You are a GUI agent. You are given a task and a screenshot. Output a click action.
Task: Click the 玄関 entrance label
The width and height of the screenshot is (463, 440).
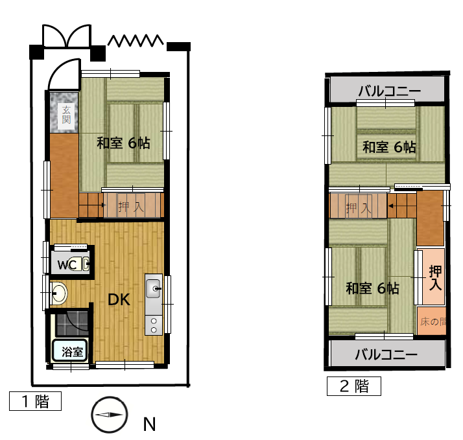click(x=66, y=114)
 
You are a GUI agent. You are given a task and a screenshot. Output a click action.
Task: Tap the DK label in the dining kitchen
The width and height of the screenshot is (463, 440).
click(x=119, y=299)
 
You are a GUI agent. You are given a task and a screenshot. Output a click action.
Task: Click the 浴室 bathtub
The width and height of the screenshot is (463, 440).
click(x=69, y=351)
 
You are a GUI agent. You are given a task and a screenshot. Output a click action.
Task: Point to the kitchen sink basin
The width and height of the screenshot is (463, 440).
click(x=153, y=288)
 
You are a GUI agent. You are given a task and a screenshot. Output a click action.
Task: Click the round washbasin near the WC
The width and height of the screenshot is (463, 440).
click(x=59, y=294)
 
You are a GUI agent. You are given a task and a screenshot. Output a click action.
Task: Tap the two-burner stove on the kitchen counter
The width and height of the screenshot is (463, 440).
click(x=154, y=325)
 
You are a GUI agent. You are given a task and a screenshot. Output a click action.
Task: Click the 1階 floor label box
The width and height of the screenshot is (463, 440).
click(x=36, y=401)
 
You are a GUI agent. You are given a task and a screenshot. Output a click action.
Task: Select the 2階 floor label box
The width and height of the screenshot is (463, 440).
click(x=354, y=386)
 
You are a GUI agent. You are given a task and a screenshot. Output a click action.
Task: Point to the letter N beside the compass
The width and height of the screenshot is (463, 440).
click(x=149, y=424)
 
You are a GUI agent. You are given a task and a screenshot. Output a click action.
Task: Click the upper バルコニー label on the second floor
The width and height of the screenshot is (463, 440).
click(x=390, y=91)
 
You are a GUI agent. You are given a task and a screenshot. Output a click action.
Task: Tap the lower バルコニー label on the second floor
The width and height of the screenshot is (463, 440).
click(x=386, y=354)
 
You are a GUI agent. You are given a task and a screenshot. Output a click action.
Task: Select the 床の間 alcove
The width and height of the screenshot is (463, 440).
click(x=431, y=321)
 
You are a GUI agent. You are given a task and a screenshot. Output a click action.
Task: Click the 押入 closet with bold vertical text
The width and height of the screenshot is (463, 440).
click(x=433, y=277)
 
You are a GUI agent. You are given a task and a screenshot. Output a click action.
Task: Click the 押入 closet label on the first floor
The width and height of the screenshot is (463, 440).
click(x=131, y=207)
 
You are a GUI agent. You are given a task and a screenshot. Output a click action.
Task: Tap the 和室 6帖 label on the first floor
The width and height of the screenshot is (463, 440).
click(x=123, y=143)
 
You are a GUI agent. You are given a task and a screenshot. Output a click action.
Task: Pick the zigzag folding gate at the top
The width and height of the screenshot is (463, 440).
click(x=136, y=41)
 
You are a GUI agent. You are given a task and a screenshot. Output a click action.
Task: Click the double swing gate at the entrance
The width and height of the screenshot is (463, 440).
click(x=67, y=36)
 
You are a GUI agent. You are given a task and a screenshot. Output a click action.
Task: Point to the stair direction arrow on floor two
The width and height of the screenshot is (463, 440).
click(x=390, y=206)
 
